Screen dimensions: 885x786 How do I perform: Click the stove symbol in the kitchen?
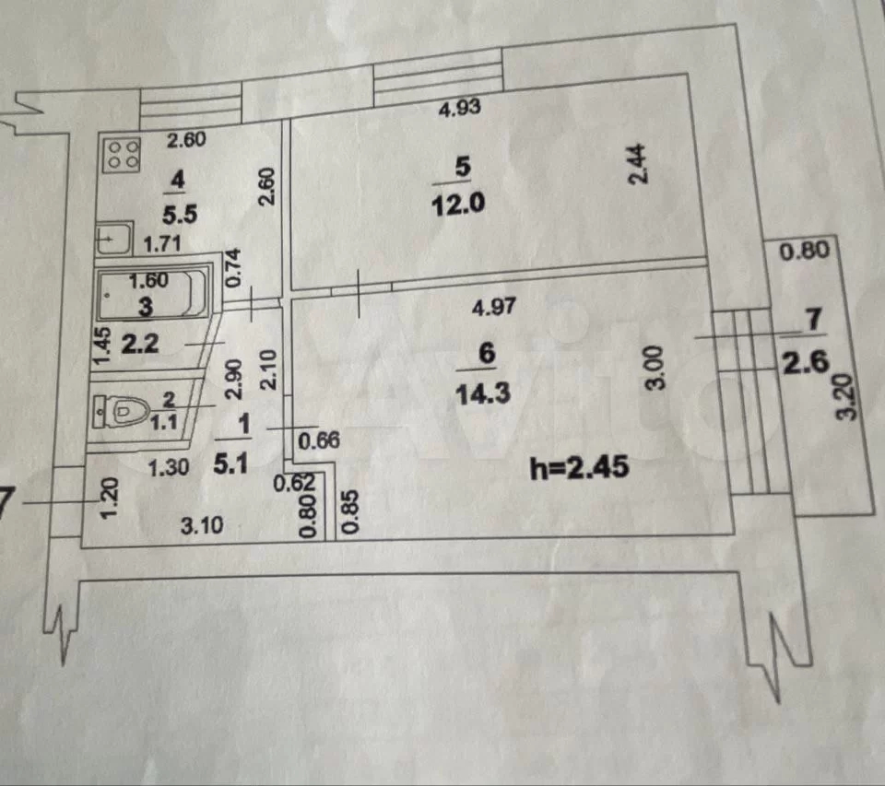pyautogui.click(x=121, y=155)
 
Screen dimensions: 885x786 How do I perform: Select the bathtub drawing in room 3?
pyautogui.click(x=152, y=294)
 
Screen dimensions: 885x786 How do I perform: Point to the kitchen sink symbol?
pyautogui.click(x=114, y=239)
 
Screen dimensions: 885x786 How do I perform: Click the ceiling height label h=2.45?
pyautogui.click(x=579, y=467)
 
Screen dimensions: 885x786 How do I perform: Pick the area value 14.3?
pyautogui.click(x=482, y=393)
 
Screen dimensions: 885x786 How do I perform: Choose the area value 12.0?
pyautogui.click(x=458, y=203)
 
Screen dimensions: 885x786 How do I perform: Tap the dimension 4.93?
pyautogui.click(x=459, y=107)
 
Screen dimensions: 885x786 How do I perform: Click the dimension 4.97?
pyautogui.click(x=494, y=307)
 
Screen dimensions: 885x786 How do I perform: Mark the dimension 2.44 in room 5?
pyautogui.click(x=637, y=164)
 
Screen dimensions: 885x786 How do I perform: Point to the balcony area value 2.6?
pyautogui.click(x=806, y=362)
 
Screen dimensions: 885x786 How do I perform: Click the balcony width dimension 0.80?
pyautogui.click(x=804, y=250)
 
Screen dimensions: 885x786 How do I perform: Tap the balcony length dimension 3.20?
pyautogui.click(x=846, y=397)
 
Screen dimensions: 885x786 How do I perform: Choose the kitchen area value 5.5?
pyautogui.click(x=180, y=215)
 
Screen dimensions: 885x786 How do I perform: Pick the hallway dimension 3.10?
pyautogui.click(x=202, y=525)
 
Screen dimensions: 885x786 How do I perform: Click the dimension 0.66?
pyautogui.click(x=319, y=440)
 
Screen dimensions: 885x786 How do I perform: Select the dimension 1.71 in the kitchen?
pyautogui.click(x=162, y=244)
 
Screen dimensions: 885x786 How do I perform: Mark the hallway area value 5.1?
pyautogui.click(x=230, y=463)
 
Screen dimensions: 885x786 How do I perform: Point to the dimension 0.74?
pyautogui.click(x=232, y=267)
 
